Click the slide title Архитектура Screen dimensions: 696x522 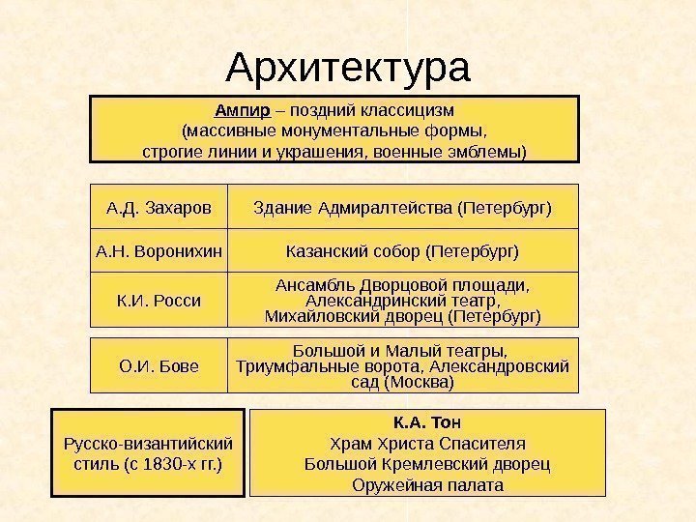(347, 68)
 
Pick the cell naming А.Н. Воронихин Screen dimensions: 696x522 (157, 251)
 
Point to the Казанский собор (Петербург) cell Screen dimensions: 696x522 (402, 251)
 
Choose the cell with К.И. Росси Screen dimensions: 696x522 (157, 300)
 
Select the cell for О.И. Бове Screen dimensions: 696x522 (157, 365)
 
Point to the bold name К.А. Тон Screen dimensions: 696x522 (427, 422)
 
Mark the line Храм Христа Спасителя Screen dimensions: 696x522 (427, 444)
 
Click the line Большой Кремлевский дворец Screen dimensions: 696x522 (427, 464)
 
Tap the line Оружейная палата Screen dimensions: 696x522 (427, 484)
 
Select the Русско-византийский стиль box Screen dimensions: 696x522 (147, 453)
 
